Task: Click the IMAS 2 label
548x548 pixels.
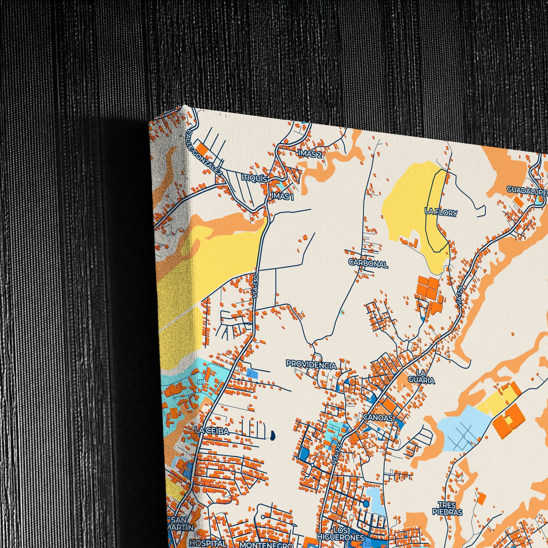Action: click(x=309, y=153)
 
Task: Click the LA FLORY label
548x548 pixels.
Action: click(x=441, y=212)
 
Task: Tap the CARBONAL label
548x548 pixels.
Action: click(x=368, y=264)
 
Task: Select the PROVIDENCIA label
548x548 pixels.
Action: click(x=311, y=364)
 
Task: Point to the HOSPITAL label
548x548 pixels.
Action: click(x=208, y=542)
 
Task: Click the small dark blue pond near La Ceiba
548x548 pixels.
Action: click(x=272, y=435)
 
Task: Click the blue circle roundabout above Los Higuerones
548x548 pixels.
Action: click(x=366, y=504)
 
